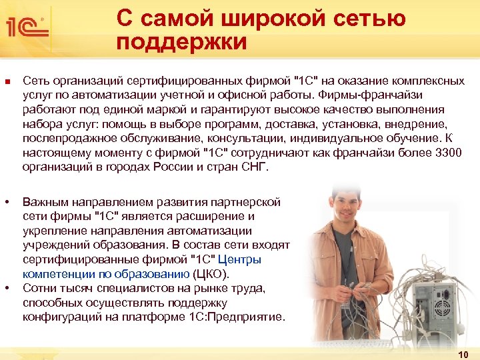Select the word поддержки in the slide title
click(x=181, y=43)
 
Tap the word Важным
click(x=45, y=201)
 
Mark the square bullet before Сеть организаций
click(x=7, y=81)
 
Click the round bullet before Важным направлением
click(x=7, y=201)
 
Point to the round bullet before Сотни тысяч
click(x=7, y=288)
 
